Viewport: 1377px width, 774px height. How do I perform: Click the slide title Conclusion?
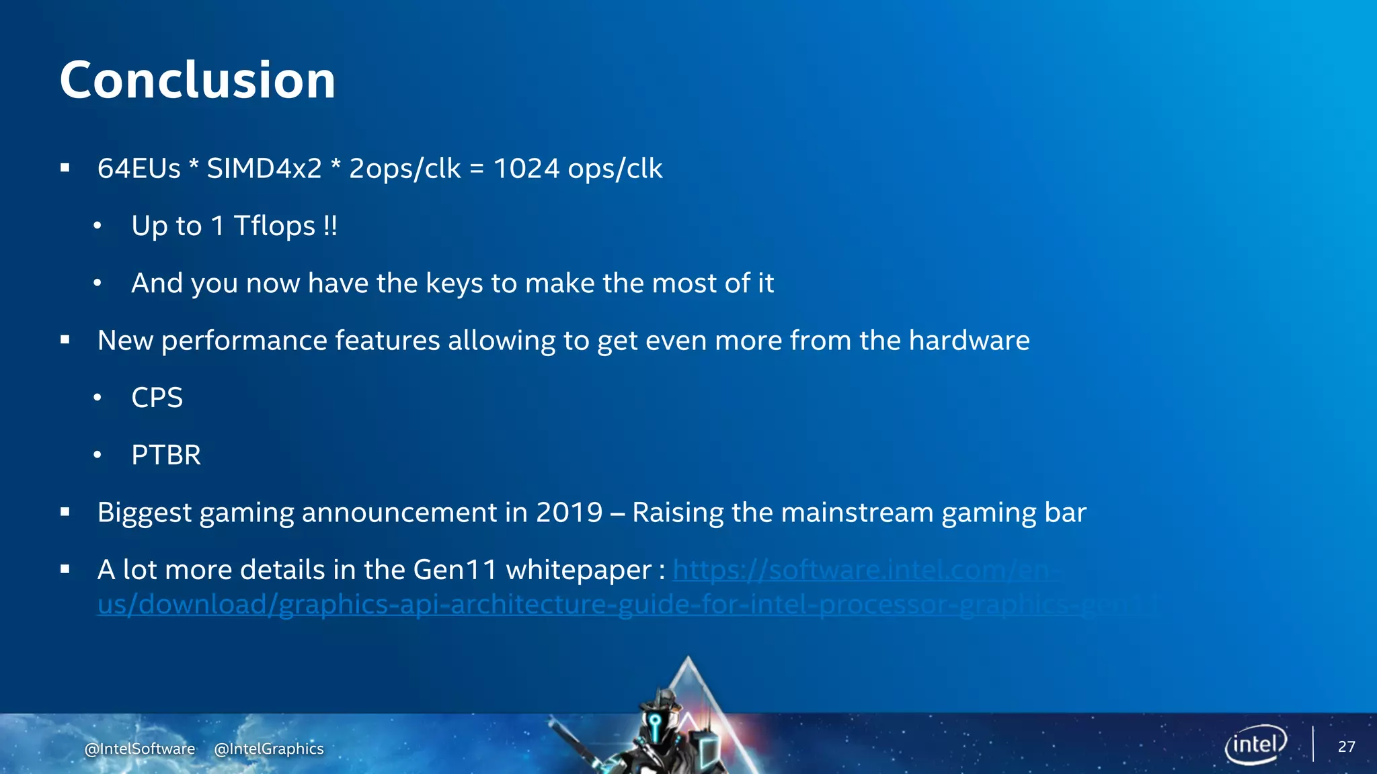(197, 80)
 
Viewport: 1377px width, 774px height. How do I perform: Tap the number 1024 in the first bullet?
(526, 169)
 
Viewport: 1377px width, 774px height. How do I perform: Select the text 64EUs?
(139, 169)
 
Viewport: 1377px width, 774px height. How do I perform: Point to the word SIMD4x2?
(264, 169)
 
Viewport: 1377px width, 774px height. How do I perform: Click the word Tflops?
(274, 226)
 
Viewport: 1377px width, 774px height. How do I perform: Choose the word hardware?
(969, 341)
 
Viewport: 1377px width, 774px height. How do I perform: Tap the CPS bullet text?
(157, 398)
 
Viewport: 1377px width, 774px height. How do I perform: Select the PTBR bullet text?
(166, 456)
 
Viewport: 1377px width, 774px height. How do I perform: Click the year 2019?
(569, 513)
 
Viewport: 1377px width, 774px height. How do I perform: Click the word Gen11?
(455, 570)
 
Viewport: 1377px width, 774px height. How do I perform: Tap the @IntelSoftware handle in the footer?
(140, 748)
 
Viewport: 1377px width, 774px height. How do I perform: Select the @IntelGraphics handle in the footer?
(269, 748)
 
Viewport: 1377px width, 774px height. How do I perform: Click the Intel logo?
(1255, 744)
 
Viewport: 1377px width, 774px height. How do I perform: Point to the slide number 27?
(1346, 746)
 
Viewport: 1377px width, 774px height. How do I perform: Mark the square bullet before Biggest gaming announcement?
(65, 513)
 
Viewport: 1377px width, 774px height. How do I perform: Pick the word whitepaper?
(578, 570)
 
